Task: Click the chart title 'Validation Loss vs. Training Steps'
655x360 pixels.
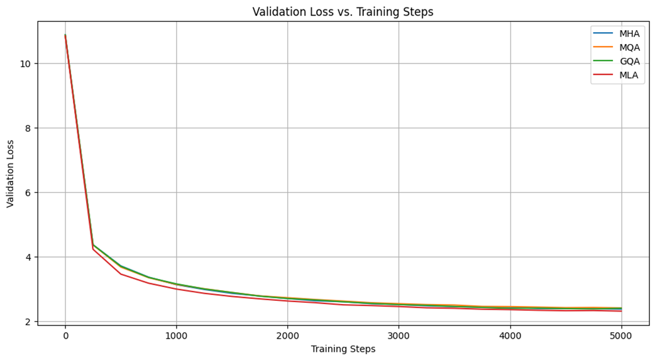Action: (343, 12)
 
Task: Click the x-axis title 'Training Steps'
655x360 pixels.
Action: (343, 349)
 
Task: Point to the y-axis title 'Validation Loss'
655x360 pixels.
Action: (11, 173)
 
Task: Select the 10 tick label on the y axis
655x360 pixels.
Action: (25, 63)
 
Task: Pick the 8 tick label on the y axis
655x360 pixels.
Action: (28, 128)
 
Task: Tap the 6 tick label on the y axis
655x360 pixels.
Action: (28, 192)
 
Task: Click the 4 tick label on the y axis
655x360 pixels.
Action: (28, 257)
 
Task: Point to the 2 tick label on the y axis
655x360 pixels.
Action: (28, 322)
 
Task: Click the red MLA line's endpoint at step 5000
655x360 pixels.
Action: (621, 311)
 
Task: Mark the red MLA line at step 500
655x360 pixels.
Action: (121, 273)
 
